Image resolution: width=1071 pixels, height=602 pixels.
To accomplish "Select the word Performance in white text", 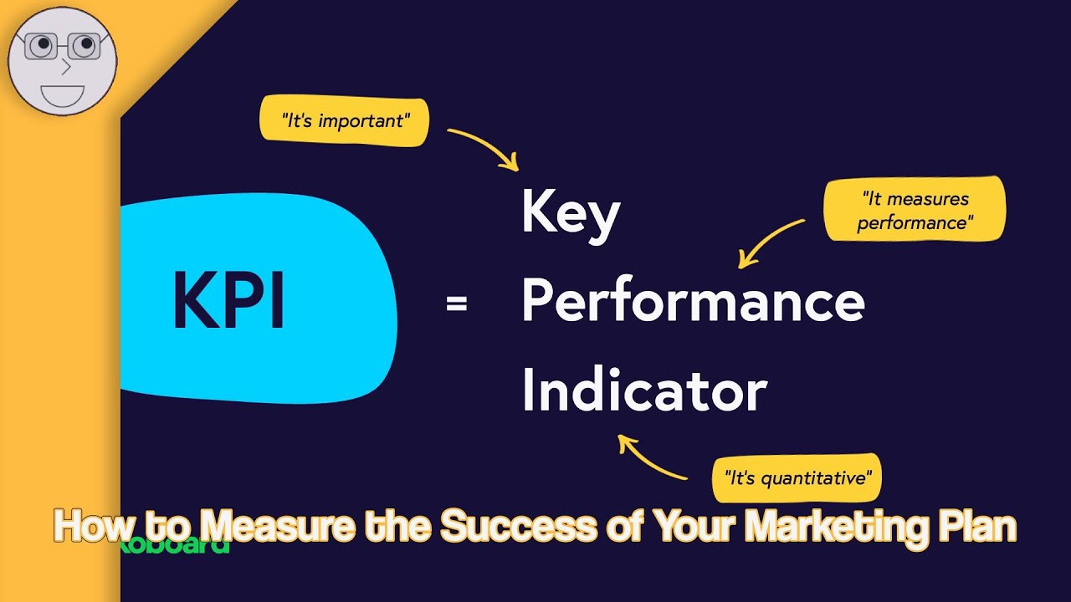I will tap(693, 302).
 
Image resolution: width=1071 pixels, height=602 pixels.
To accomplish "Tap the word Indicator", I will tap(643, 390).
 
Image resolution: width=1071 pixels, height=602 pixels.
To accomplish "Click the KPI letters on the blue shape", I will tap(228, 302).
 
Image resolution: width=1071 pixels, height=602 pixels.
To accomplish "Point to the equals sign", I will tap(456, 304).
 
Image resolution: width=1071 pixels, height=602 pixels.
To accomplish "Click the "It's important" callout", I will tap(345, 120).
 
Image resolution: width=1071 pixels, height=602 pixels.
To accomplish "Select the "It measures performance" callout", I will tap(914, 211).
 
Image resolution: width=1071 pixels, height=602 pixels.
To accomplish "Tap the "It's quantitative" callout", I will tap(796, 479).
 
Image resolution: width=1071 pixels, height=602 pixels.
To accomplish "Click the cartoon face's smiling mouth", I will tap(63, 94).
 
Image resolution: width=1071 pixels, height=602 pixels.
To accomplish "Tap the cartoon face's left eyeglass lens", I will tap(39, 47).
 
